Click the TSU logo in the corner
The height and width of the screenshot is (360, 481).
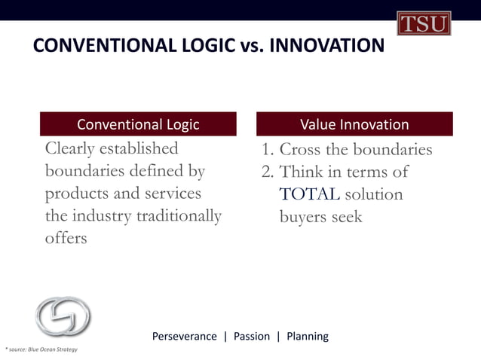[x=424, y=23]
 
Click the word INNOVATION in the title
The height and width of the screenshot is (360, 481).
[x=326, y=47]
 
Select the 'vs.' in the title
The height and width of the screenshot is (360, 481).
[x=250, y=47]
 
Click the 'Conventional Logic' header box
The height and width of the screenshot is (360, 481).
[x=138, y=124]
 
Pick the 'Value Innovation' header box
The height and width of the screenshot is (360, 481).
[x=354, y=124]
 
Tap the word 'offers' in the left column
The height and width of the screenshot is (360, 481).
[x=66, y=239]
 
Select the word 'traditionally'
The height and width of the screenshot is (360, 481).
[x=178, y=216]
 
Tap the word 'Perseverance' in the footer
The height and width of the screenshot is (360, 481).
[x=184, y=336]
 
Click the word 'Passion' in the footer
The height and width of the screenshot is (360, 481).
[x=251, y=336]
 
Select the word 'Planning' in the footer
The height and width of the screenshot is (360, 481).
[x=308, y=336]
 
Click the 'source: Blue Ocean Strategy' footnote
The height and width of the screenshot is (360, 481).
[x=42, y=350]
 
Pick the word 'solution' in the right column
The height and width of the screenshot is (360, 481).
[x=374, y=194]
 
